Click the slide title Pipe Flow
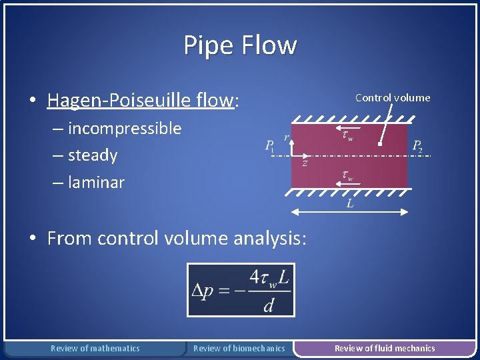(240, 45)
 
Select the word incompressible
(124, 128)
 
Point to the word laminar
(96, 182)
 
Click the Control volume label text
(393, 97)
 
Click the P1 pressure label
(269, 146)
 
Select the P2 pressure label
(417, 146)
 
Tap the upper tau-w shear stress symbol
(347, 135)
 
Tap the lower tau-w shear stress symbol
(347, 175)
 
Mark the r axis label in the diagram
(287, 137)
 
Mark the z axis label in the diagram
(305, 163)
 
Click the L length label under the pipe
(350, 204)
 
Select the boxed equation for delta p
(241, 289)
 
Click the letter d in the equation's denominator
(268, 305)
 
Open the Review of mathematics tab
(95, 348)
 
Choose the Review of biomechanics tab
(239, 348)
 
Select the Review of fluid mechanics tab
(384, 348)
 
